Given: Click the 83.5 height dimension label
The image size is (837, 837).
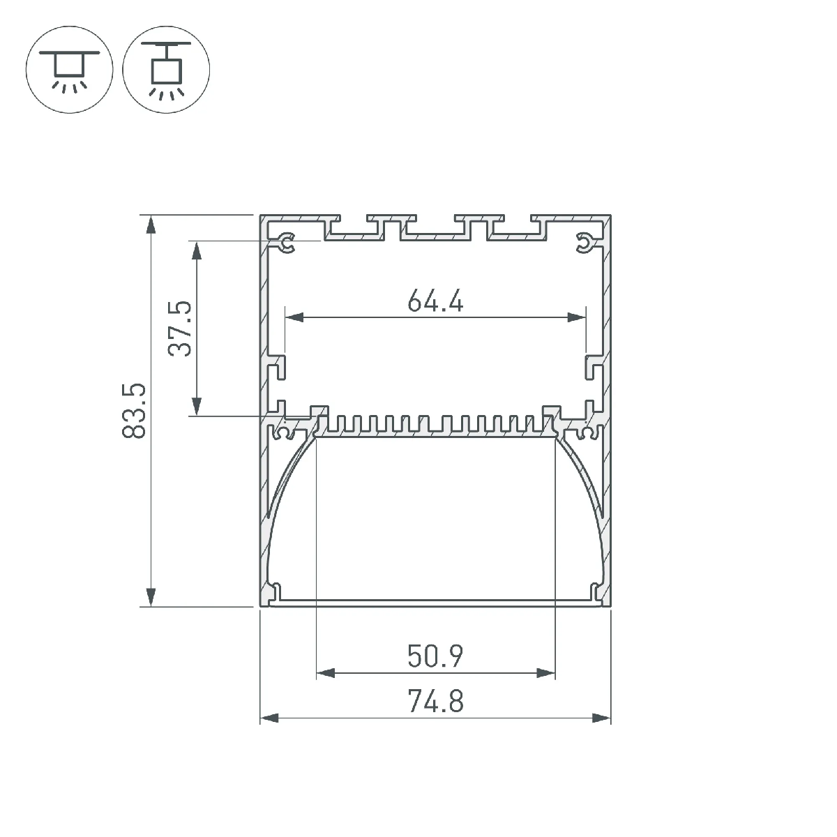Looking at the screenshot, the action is pos(134,410).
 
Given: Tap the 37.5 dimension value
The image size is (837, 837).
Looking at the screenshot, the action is pos(180,329).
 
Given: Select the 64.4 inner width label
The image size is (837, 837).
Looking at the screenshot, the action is pos(435,301).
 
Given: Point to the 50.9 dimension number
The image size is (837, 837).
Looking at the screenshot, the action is pos(435,656).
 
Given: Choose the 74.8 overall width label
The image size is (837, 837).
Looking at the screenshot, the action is pos(435,702).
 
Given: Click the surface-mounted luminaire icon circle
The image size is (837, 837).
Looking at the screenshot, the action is pos(70,70).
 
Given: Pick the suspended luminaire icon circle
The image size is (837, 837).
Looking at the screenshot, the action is pos(166,70).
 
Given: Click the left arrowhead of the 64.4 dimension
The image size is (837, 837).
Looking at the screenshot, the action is pos(294,317).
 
